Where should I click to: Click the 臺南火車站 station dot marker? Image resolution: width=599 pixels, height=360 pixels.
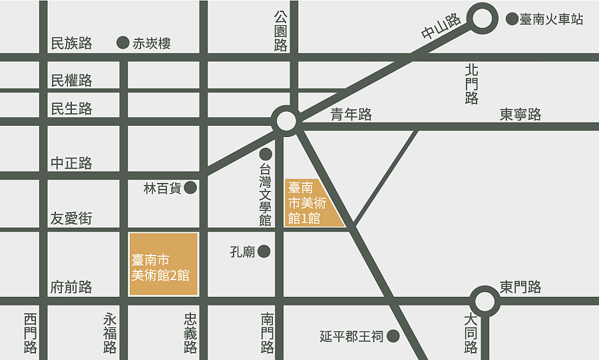(512, 19)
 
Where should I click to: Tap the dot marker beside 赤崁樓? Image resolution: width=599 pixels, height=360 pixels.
(122, 43)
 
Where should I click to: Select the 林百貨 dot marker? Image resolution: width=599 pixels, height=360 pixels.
(190, 188)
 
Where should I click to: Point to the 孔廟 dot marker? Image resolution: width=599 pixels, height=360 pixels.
(264, 252)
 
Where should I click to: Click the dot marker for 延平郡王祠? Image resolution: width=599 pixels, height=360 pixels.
(393, 336)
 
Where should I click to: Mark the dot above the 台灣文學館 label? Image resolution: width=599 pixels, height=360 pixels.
(266, 154)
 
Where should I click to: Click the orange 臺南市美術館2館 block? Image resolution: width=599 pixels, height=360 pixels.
(164, 264)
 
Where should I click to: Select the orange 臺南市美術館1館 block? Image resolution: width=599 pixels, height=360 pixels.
(309, 202)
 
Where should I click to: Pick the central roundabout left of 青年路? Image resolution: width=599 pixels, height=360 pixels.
(286, 121)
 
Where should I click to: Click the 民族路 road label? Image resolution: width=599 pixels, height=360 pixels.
(71, 44)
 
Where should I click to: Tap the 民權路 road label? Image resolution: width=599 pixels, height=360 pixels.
(71, 81)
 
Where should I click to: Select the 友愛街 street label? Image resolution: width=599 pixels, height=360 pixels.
(71, 218)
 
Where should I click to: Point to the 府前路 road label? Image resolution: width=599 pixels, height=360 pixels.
(71, 287)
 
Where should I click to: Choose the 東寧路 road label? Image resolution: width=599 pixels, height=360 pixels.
(520, 114)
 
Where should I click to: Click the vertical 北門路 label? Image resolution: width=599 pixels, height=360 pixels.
(472, 84)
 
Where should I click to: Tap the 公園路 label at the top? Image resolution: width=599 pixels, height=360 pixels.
(280, 31)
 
